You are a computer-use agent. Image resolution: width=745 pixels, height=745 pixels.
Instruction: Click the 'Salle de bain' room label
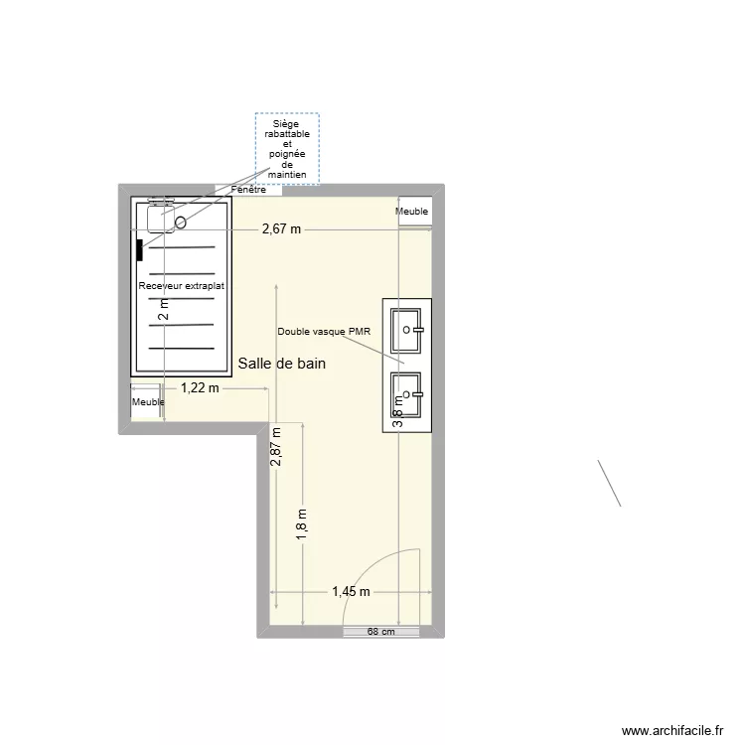point(282,365)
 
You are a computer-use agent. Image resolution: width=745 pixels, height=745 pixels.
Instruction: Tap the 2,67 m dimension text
point(281,229)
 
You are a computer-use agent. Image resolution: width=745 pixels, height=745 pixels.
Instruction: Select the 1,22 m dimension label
point(199,388)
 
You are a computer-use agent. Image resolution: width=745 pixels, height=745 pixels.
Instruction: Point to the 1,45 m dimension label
point(351,592)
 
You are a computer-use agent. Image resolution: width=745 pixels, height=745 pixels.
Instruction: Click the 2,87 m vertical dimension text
point(277,447)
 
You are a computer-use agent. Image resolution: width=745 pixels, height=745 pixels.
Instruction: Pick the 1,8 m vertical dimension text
point(301,523)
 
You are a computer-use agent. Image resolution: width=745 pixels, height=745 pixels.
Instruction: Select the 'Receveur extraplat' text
point(182,286)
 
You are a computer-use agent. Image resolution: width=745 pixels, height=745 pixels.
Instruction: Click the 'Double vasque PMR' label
point(323,331)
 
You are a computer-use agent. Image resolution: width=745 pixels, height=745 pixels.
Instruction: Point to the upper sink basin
point(407,331)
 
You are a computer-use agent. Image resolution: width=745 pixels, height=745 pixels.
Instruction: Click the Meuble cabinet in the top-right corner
point(412,212)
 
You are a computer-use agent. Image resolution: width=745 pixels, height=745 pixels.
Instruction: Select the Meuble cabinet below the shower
point(148,401)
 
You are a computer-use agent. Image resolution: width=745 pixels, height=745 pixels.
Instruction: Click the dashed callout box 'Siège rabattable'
point(288,149)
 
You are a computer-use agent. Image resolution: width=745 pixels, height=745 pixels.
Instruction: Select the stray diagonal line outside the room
point(609,483)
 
